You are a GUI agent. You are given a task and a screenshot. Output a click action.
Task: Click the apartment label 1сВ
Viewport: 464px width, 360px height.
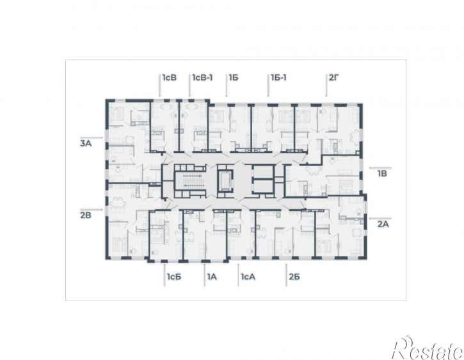point(170,78)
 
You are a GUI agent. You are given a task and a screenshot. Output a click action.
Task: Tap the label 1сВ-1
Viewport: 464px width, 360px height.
point(202,78)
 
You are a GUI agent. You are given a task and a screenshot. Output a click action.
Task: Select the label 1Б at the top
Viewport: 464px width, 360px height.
point(234,78)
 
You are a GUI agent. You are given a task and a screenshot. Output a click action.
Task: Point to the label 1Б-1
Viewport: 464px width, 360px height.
point(278,78)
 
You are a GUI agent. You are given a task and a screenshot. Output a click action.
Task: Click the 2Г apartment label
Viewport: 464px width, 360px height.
point(334,78)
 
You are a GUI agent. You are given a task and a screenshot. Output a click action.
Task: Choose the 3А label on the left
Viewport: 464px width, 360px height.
point(86,144)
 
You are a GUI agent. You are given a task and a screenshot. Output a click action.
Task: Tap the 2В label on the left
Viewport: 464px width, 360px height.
point(86,215)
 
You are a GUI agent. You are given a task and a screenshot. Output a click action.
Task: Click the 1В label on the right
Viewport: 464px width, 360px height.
point(382,173)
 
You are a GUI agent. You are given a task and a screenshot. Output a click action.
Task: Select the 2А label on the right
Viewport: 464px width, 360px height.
point(383,224)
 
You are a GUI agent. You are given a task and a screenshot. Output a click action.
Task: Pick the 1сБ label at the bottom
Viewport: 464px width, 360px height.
point(174,277)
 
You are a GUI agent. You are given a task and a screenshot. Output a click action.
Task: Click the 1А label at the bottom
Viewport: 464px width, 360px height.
point(212,277)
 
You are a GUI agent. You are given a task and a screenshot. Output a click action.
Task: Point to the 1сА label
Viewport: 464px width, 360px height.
point(248,277)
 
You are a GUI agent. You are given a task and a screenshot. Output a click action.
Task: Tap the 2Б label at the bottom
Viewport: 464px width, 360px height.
point(294,277)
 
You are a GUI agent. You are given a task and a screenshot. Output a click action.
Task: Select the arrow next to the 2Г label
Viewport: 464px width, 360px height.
point(326,85)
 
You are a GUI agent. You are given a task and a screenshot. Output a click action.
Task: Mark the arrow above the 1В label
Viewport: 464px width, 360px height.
point(381,168)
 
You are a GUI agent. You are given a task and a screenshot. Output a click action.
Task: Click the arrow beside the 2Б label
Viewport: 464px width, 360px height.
point(286,275)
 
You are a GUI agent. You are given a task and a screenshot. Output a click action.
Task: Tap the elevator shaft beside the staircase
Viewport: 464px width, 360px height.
point(225,181)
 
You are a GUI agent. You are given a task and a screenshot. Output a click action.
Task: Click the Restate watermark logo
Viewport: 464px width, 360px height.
point(428,348)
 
